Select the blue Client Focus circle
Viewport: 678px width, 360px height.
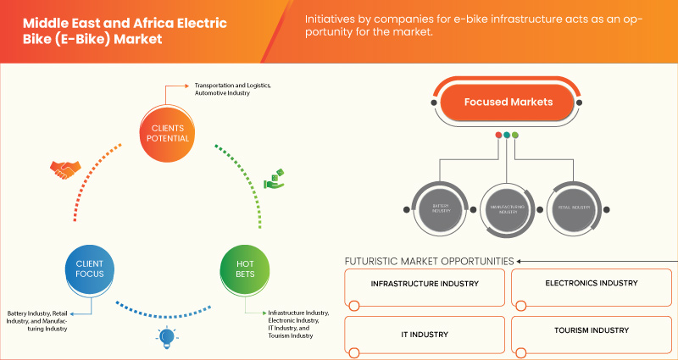point(89,269)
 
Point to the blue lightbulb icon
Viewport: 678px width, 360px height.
point(165,339)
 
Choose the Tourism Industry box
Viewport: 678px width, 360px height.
point(592,333)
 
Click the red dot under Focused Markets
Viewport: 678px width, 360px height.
point(497,136)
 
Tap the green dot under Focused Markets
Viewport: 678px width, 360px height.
point(515,136)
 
